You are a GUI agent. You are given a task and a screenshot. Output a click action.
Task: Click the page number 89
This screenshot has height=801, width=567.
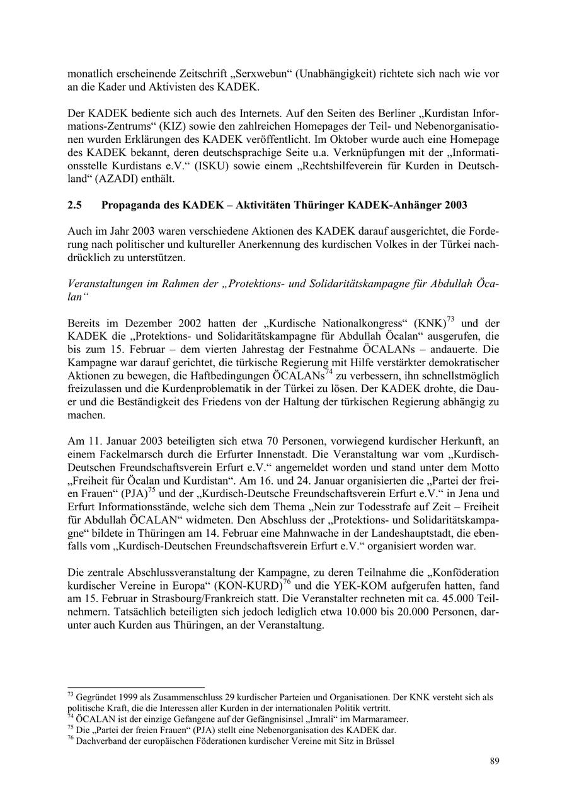[495, 761]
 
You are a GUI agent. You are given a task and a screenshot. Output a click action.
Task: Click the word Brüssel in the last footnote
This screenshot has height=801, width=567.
[381, 741]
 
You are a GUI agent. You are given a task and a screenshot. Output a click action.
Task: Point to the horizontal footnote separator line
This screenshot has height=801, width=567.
[136, 688]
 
